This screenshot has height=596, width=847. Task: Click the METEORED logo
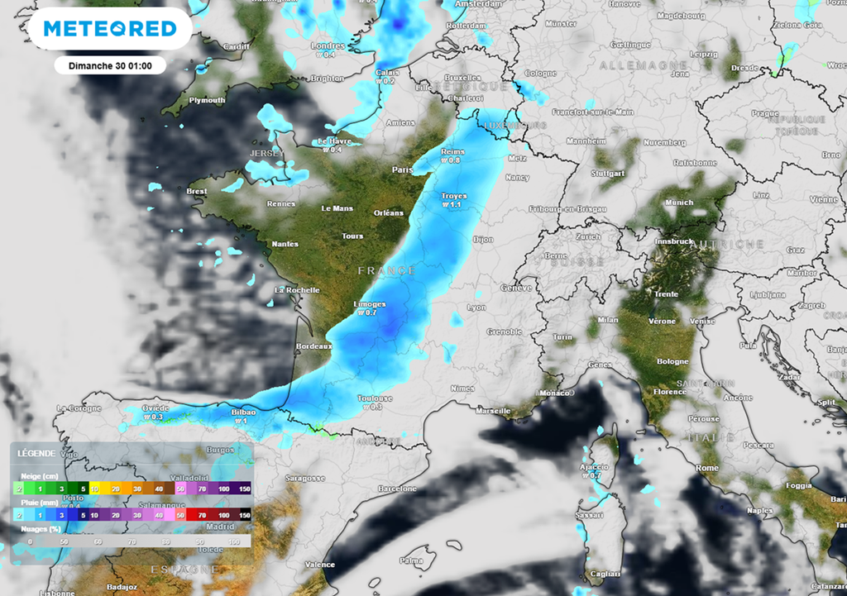(x=110, y=29)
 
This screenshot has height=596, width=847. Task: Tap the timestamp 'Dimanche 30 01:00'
(x=110, y=65)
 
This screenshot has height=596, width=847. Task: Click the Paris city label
(x=403, y=169)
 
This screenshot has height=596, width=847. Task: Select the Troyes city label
(x=453, y=197)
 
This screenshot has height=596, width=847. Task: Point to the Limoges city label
(x=369, y=304)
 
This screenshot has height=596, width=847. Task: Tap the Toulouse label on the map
(x=375, y=398)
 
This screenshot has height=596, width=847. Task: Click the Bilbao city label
(x=242, y=412)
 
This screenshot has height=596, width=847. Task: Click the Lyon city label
(x=476, y=307)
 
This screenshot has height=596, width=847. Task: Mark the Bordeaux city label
(x=313, y=346)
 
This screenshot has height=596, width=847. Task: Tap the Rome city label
(x=707, y=468)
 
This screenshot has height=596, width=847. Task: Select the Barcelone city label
(x=397, y=489)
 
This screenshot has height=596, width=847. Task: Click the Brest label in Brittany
(x=197, y=191)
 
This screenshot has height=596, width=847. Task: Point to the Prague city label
(x=765, y=113)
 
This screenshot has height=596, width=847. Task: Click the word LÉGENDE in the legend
(x=36, y=453)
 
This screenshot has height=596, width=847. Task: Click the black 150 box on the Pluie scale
(x=244, y=514)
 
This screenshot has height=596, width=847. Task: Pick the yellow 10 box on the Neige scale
(x=96, y=489)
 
